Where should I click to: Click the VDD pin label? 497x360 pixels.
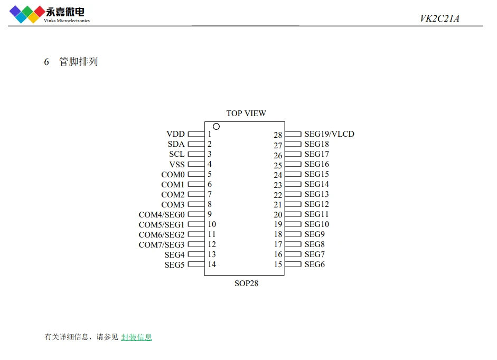click(x=175, y=134)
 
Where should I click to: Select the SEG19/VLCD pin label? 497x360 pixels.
click(x=330, y=134)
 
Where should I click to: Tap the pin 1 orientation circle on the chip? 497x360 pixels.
click(x=216, y=127)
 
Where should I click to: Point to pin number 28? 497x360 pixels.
click(x=278, y=135)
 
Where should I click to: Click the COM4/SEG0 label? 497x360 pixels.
click(x=162, y=214)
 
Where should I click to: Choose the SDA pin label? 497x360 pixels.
click(x=176, y=144)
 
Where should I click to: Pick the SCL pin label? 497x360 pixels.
click(x=177, y=154)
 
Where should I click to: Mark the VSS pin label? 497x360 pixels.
click(x=177, y=165)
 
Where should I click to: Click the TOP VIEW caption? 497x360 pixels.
click(x=246, y=113)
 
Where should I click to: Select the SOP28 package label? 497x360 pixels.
click(x=246, y=283)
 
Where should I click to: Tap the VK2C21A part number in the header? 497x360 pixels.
click(x=439, y=18)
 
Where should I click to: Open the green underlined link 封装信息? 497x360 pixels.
click(x=137, y=337)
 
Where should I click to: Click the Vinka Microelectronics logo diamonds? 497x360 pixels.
click(x=27, y=14)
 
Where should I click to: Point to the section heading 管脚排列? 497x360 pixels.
click(x=79, y=61)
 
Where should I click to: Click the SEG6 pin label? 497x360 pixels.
click(x=315, y=264)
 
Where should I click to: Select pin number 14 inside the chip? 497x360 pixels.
click(x=212, y=264)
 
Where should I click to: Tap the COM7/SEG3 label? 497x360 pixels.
click(x=162, y=244)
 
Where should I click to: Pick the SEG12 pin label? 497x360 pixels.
click(x=317, y=204)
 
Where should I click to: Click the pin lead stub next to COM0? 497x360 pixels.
click(x=196, y=174)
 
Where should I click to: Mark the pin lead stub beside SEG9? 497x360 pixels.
click(x=293, y=234)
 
